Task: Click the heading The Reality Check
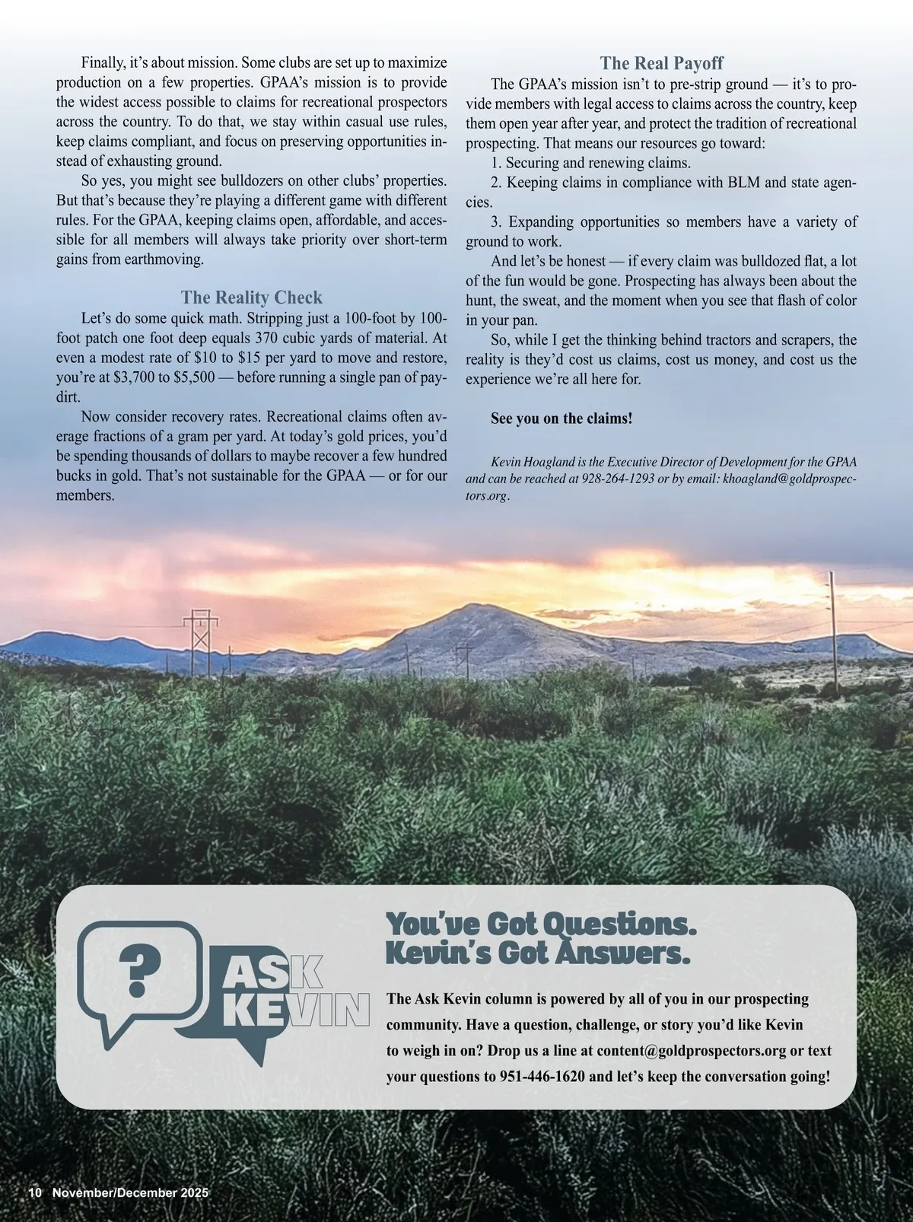coord(251,298)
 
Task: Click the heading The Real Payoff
coord(661,63)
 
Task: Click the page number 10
coord(36,1193)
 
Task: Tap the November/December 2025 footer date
coord(130,1193)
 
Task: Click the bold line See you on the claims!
coord(561,418)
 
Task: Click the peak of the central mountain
coord(472,606)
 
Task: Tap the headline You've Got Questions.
coord(541,924)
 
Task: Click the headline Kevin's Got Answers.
coord(538,952)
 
